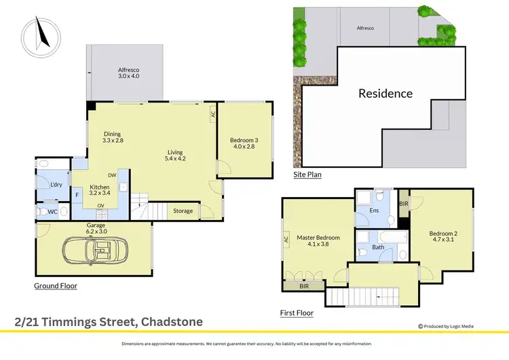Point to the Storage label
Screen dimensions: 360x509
click(183, 211)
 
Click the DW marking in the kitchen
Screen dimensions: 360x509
click(111, 175)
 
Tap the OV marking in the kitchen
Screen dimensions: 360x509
click(100, 206)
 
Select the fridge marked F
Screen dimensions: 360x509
click(77, 195)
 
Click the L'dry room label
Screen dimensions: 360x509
click(56, 185)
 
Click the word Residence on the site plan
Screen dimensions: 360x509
click(385, 94)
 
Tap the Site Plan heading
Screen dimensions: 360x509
click(307, 175)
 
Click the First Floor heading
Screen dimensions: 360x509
click(297, 313)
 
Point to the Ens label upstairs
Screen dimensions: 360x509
click(374, 211)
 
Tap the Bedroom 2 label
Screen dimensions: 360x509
click(443, 238)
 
